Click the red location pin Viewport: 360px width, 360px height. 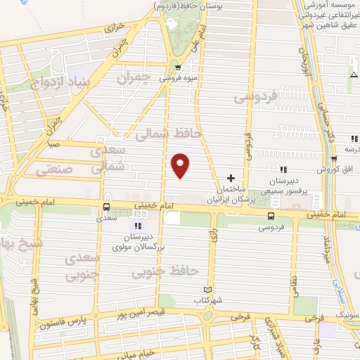tap(181, 165)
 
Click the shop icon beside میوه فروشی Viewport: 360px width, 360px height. tap(167, 69)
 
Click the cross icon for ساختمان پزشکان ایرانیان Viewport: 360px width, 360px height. tap(232, 176)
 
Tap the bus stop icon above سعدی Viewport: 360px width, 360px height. tap(106, 207)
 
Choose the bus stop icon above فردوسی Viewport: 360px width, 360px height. tap(271, 215)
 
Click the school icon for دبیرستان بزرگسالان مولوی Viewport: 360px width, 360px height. tap(138, 226)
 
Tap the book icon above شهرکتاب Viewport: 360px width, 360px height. tap(207, 289)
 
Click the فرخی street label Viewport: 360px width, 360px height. tap(243, 317)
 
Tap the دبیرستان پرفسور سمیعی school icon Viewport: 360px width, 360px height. tap(282, 170)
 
